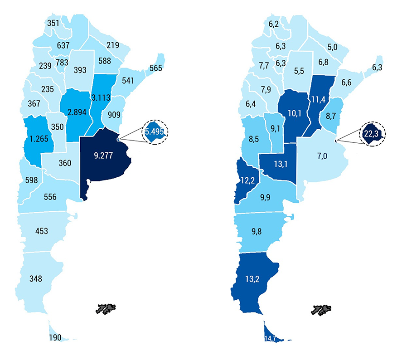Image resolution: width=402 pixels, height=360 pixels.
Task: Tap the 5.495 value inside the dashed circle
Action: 155,132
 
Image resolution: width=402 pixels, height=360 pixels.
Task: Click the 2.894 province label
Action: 77,112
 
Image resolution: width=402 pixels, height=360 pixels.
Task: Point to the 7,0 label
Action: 322,156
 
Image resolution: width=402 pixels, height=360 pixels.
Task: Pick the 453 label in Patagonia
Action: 41,231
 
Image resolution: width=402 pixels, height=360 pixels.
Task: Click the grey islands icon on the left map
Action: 107,309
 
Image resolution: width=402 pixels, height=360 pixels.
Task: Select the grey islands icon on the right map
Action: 322,309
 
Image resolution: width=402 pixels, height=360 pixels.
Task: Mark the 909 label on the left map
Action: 114,115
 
